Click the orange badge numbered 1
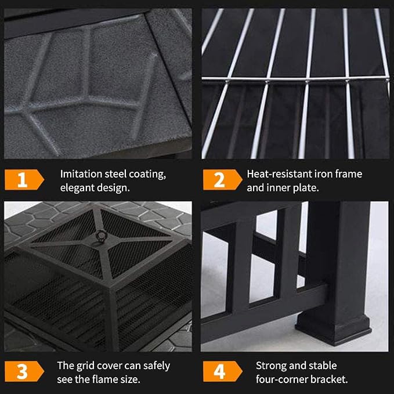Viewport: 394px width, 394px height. [x=24, y=180]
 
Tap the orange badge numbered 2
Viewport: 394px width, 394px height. [x=222, y=180]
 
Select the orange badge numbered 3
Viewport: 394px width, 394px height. [x=24, y=371]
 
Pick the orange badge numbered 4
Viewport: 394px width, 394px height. [x=222, y=371]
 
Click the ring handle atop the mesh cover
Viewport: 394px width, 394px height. [x=101, y=236]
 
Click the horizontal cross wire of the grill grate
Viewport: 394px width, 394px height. [x=295, y=79]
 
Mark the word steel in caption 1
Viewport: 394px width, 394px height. [x=115, y=174]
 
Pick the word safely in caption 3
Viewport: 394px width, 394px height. [x=157, y=366]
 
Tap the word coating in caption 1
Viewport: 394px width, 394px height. [x=147, y=175]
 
